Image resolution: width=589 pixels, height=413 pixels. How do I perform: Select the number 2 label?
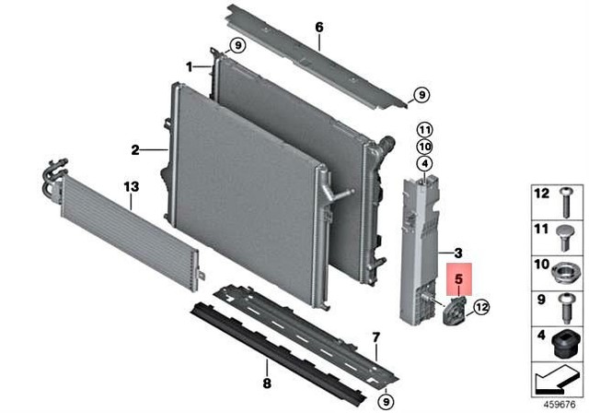pos(134,148)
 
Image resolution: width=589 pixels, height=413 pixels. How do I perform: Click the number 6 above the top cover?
pos(319,28)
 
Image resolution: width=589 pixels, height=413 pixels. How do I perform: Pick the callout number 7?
pos(375,336)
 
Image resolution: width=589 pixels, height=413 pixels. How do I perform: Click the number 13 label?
pos(131,187)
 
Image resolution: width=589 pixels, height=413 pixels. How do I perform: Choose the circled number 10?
pos(424,147)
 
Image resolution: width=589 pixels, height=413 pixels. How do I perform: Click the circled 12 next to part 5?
pos(482,307)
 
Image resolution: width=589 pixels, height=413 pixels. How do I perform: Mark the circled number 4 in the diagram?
pos(424,165)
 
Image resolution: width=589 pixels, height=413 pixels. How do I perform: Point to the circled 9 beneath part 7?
pos(387,399)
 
